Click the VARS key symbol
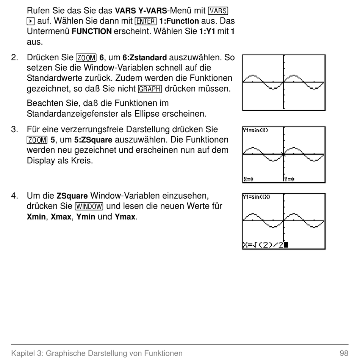point(218,11)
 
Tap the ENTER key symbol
point(146,21)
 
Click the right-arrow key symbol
point(31,21)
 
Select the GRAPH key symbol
point(150,89)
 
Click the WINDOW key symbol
point(89,207)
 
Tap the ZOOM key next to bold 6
point(86,58)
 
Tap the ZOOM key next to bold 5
point(37,140)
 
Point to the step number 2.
point(14,57)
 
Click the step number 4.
point(14,196)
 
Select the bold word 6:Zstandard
point(145,57)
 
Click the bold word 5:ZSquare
point(93,140)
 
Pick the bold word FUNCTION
point(92,31)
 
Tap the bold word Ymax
point(125,216)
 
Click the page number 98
point(344,353)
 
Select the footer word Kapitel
point(22,353)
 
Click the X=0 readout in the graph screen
point(248,179)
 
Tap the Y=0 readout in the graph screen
point(289,179)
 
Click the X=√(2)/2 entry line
point(265,245)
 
